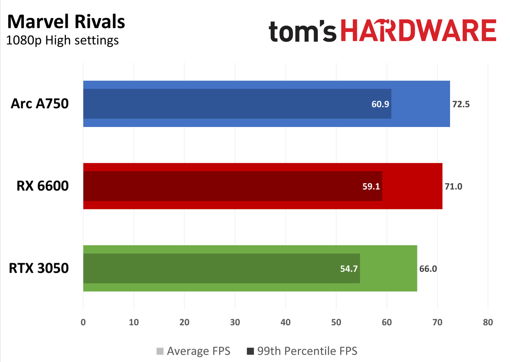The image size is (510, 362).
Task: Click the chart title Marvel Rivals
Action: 66,22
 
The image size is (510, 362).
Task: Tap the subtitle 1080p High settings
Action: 62,40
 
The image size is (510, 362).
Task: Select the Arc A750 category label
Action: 40,104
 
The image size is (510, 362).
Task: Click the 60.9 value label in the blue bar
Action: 380,104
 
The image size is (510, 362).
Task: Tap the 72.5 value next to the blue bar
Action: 461,104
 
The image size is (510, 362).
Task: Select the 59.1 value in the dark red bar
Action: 371,186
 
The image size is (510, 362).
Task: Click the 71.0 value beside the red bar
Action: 453,186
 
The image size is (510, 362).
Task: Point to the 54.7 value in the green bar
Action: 349,269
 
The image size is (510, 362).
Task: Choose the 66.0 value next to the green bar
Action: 428,269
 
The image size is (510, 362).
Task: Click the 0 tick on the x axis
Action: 83,322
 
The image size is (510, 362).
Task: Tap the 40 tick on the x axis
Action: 286,322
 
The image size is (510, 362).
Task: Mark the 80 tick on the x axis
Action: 488,322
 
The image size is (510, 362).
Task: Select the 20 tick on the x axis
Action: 184,322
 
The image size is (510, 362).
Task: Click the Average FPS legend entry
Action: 198,351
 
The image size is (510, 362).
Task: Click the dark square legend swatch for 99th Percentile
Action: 250,351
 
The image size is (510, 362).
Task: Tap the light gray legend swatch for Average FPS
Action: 160,351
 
